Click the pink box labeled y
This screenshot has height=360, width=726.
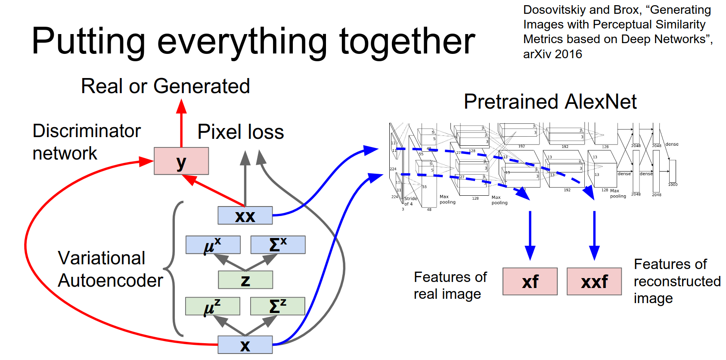point(181,161)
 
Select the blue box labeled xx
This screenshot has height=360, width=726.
point(245,215)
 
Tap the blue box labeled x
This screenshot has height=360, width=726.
point(245,344)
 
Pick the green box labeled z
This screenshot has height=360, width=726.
point(245,280)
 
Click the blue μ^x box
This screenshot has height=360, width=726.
point(213,244)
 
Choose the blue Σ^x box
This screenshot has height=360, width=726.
point(278,244)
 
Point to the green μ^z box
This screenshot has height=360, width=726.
point(212,306)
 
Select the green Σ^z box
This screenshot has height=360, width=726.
point(277,306)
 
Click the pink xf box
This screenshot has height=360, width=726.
point(530,282)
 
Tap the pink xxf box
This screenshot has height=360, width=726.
point(594,282)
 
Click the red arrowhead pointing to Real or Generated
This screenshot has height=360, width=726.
point(181,106)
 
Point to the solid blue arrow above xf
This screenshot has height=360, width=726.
point(530,235)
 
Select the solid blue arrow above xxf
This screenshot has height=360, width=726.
point(594,235)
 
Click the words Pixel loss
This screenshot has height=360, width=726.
point(241,132)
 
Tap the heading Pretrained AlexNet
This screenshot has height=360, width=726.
point(550,102)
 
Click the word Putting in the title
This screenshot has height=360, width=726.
point(88,41)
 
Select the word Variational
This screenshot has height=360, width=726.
point(102,258)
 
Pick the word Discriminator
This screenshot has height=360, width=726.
point(87,131)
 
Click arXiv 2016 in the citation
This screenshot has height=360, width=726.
point(552,54)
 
